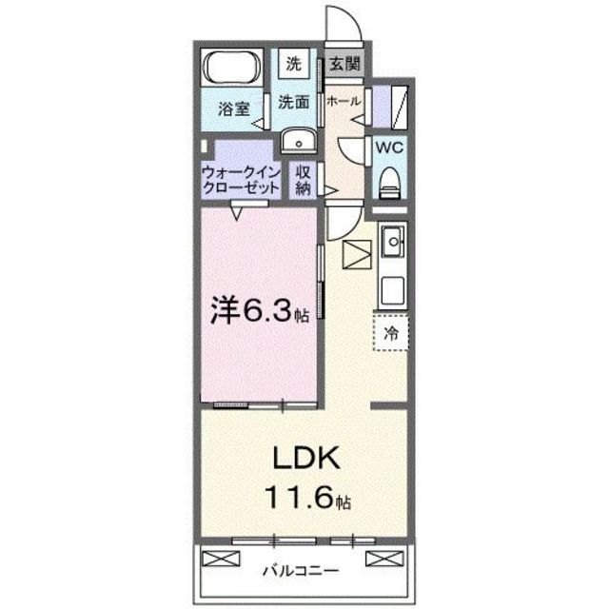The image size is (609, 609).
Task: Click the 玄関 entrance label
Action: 344,66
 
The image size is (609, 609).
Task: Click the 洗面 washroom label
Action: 294,102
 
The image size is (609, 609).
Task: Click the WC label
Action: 389,147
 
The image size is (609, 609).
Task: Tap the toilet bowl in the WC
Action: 389,180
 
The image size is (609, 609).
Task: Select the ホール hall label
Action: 343,101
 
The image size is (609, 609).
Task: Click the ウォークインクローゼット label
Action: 241,179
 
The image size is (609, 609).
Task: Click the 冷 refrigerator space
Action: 391,333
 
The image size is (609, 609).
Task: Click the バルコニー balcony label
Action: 302,571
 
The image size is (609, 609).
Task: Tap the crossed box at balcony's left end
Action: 216,558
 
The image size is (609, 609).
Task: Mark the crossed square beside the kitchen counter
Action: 357,254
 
